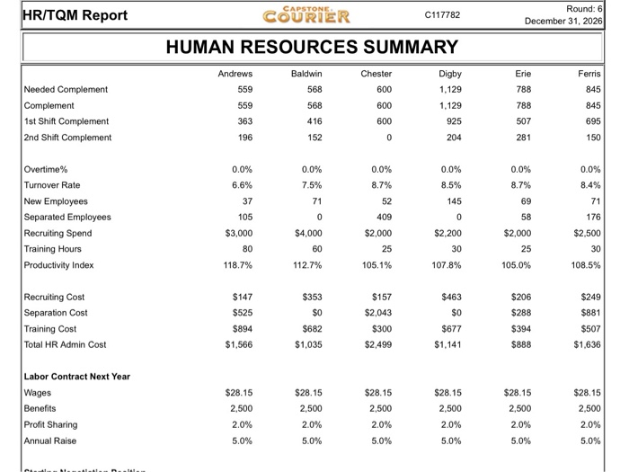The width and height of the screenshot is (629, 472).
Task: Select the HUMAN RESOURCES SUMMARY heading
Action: tap(312, 47)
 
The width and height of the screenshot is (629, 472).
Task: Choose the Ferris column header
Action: tap(589, 74)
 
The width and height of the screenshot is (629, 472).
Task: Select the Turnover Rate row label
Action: tap(52, 184)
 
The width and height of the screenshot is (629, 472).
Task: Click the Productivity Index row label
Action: tap(59, 264)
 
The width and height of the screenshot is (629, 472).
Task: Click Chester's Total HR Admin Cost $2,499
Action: tap(377, 344)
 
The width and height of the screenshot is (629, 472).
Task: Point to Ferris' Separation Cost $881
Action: tap(589, 312)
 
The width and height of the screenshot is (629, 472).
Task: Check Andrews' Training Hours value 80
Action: tap(244, 248)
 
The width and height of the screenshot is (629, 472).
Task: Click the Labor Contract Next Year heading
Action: tap(77, 376)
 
